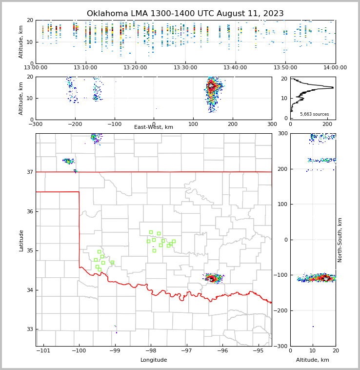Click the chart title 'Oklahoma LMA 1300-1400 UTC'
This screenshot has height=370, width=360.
coord(185,14)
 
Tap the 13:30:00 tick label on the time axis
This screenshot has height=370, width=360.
coord(185,68)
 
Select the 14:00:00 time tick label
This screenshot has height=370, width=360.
coord(335,68)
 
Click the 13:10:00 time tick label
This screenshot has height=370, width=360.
coord(85,68)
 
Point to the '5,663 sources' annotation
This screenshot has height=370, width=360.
coord(314,114)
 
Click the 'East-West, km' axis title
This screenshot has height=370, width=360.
coord(154,127)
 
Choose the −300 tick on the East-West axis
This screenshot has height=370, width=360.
coord(36,123)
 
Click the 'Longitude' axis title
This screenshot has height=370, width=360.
coord(154,360)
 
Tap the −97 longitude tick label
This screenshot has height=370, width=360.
coord(186,350)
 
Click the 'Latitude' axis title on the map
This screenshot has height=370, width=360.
coord(21,240)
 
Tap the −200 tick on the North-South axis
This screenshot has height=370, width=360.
coord(281,310)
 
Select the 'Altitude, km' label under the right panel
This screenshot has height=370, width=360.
coord(313,360)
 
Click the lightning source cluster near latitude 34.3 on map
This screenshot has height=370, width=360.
coord(213,278)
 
